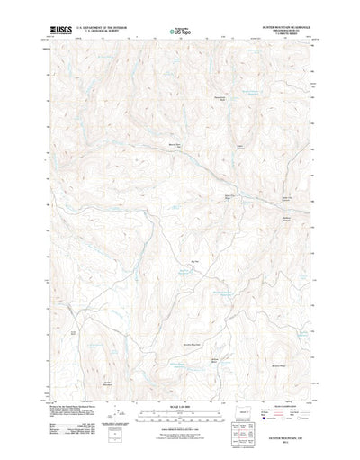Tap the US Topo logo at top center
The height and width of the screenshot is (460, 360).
(179, 31)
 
